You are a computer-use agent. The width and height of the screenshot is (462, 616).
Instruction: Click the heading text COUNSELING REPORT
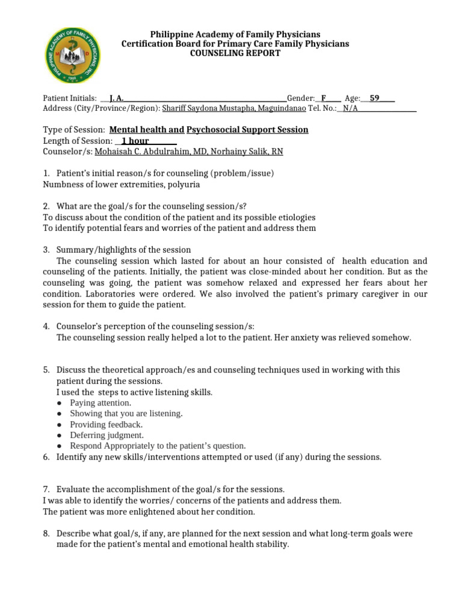click(x=235, y=54)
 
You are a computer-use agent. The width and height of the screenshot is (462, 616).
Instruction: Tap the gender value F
click(x=324, y=98)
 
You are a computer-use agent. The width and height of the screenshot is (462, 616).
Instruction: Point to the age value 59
click(x=375, y=98)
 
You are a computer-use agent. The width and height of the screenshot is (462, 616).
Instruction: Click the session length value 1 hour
click(x=135, y=141)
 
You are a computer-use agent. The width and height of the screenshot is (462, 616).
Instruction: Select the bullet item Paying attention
click(x=100, y=403)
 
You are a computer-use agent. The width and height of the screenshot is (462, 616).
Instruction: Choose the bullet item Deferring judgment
click(x=106, y=435)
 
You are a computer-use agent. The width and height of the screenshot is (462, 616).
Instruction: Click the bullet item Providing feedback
click(x=106, y=425)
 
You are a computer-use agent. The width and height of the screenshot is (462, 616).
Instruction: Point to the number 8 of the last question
click(x=46, y=534)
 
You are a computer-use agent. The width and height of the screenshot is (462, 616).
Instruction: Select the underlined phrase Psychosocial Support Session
click(x=247, y=130)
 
